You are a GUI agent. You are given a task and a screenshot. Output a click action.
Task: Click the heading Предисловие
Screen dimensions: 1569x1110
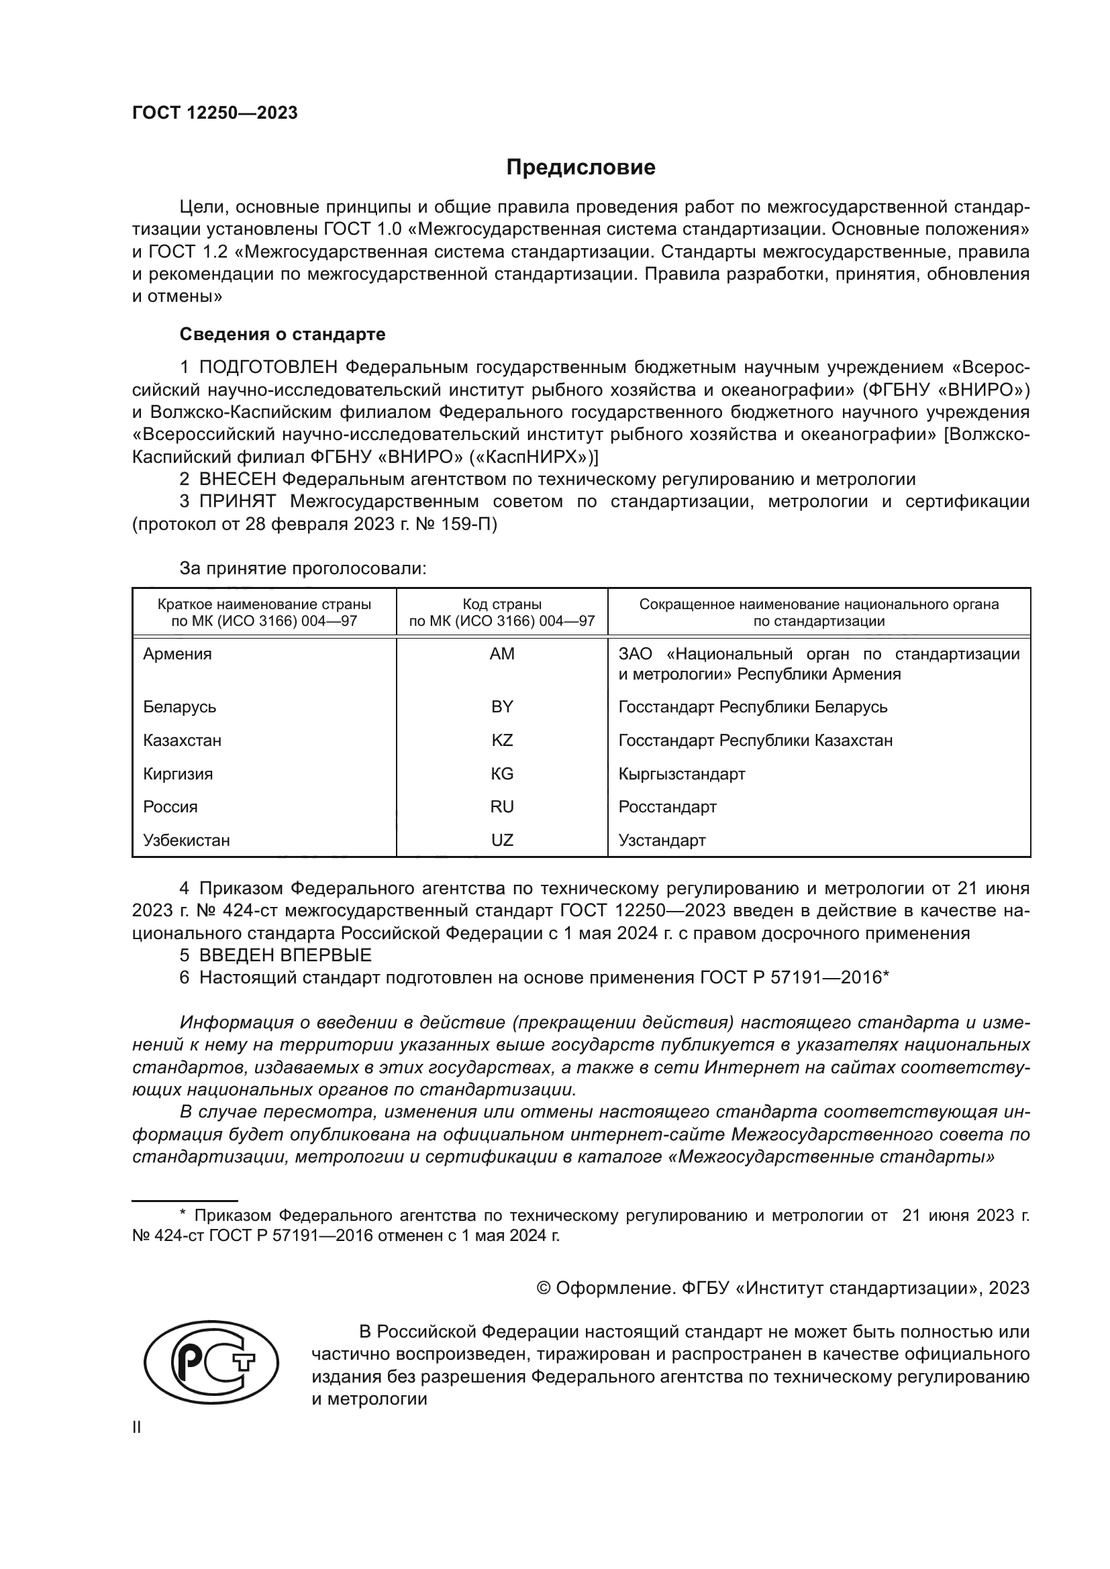click(581, 168)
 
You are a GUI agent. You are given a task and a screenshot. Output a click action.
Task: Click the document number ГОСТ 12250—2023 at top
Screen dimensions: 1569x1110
click(215, 113)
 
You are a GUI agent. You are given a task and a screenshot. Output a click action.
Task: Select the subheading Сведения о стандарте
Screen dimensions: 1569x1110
click(283, 335)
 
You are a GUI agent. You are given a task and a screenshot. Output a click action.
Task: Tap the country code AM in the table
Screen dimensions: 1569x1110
click(502, 654)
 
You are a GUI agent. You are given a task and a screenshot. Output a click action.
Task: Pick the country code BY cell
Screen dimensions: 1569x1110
click(502, 706)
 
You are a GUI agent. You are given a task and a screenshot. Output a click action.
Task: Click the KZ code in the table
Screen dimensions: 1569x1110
click(502, 740)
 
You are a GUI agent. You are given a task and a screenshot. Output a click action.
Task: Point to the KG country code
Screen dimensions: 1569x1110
click(502, 773)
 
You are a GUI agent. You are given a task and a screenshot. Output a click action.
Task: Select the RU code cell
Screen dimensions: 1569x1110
click(502, 806)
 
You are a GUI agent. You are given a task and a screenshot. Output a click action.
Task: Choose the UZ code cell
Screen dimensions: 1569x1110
click(502, 840)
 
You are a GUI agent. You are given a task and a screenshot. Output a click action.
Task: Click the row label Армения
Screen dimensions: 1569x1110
click(177, 654)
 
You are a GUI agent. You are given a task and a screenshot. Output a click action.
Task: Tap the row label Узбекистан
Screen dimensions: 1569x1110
click(186, 840)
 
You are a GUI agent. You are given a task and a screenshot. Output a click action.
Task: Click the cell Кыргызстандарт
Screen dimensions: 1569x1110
click(681, 773)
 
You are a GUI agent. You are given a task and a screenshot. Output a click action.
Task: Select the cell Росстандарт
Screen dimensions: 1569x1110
click(667, 806)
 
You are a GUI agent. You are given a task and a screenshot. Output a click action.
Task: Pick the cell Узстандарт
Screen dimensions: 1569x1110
click(662, 840)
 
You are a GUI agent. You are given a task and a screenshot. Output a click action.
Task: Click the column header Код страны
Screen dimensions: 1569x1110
click(502, 604)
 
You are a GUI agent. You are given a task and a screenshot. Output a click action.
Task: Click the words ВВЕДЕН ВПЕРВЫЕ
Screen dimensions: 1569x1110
click(285, 955)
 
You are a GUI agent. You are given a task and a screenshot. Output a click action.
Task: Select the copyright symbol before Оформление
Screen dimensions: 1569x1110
click(544, 1288)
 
